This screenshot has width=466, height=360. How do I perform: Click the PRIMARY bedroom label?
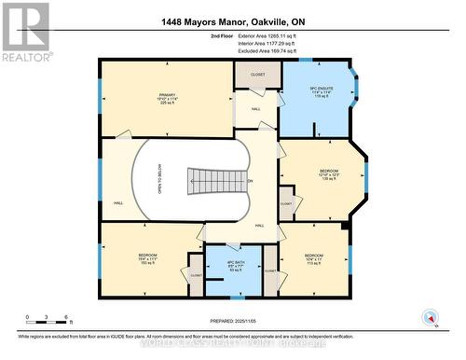coord(167,96)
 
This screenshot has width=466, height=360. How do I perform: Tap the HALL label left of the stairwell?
coord(118,202)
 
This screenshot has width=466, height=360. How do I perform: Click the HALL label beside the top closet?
coord(254,108)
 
